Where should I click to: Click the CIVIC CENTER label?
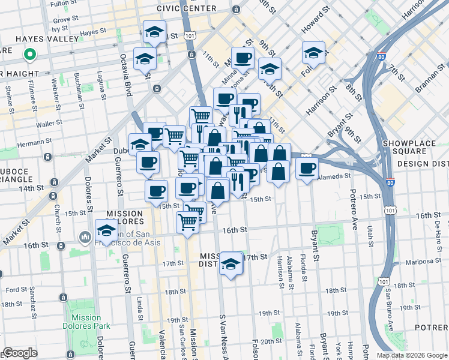click(x=186, y=8)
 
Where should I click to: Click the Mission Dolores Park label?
click(x=85, y=322)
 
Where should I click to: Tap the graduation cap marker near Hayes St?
click(x=155, y=32)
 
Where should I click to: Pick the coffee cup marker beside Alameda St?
click(x=307, y=169)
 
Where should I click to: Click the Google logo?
click(x=20, y=353)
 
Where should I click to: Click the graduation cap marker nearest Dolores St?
click(x=106, y=231)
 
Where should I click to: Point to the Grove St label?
click(x=65, y=19)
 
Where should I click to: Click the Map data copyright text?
click(x=411, y=355)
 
